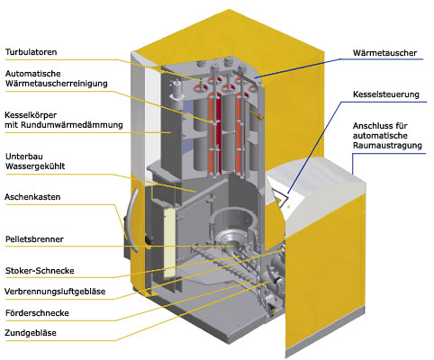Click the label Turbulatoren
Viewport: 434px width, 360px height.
(x=31, y=52)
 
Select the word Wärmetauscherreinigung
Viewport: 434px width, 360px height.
(x=56, y=84)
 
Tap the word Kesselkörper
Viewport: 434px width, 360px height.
(x=31, y=115)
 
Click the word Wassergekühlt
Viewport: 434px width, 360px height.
(x=35, y=166)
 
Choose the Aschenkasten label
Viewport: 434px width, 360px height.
(x=32, y=197)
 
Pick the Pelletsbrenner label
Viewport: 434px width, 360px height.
(x=34, y=239)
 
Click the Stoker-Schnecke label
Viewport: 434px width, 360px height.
(x=40, y=271)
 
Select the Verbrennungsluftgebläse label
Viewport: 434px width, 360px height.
(x=55, y=292)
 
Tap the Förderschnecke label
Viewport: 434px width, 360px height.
(x=37, y=313)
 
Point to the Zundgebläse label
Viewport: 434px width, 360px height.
(x=31, y=333)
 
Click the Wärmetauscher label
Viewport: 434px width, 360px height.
(x=384, y=53)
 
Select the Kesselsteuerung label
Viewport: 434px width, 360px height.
(x=386, y=94)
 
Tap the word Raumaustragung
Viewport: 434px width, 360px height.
(x=387, y=146)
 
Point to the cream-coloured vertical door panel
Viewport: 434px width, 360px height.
(x=169, y=243)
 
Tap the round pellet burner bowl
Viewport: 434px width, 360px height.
(x=230, y=238)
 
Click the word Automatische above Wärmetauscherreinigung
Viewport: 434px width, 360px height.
(x=32, y=74)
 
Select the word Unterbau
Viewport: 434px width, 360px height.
(x=24, y=157)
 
